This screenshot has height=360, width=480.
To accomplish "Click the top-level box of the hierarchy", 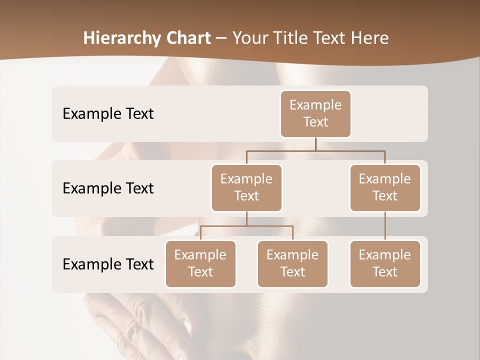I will pos(315,113).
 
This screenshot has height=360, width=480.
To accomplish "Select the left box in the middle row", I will pos(246,187).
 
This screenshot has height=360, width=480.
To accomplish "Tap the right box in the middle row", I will pos(385,187).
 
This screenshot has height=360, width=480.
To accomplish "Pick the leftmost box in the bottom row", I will pos(200,263).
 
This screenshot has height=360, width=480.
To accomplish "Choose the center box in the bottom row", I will pos(292,263).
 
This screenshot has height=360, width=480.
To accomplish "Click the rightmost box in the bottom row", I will pos(385,263).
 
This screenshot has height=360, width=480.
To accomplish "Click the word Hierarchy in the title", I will pos(122,38).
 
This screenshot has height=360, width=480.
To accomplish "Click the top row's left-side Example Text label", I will pos(108,113).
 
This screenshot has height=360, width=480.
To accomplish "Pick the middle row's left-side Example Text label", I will pos(108,188).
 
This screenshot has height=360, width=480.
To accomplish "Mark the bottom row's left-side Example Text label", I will pos(108,264).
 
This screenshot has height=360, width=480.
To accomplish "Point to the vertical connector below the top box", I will pos(315,144).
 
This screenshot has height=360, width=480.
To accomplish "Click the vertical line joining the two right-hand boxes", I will pos(385,225).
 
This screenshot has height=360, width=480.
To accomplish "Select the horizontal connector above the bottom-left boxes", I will pos(246,226).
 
